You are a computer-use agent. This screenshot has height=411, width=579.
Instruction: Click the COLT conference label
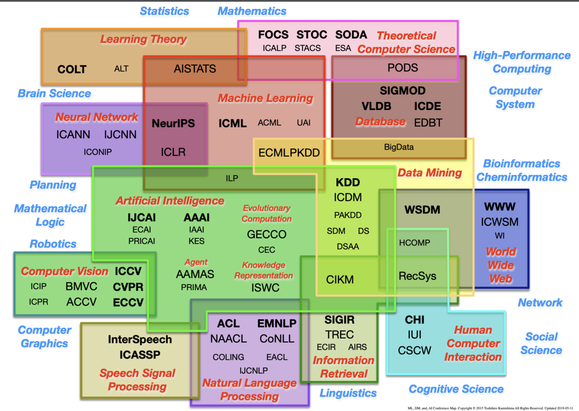(x=71, y=69)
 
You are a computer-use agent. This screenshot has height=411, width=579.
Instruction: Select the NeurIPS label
(x=173, y=123)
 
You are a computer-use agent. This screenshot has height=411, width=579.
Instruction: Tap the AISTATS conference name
(x=194, y=69)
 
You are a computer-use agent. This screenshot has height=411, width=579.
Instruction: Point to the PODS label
(x=402, y=68)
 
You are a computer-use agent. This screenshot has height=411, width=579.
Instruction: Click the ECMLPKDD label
(x=289, y=153)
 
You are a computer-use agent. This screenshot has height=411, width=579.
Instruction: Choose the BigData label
(x=399, y=147)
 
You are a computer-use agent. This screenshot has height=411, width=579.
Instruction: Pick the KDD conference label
(x=348, y=182)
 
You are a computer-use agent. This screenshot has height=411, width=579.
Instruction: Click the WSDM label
(x=422, y=210)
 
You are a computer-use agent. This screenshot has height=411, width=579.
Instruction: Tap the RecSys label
(x=417, y=276)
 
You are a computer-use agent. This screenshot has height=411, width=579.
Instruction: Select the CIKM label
(x=340, y=279)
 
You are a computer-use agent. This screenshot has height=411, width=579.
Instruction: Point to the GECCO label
(x=266, y=234)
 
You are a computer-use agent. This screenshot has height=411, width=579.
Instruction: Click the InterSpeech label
(x=140, y=340)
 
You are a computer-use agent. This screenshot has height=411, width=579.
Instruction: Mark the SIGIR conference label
(x=339, y=320)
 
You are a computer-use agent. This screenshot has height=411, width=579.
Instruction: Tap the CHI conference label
(x=414, y=320)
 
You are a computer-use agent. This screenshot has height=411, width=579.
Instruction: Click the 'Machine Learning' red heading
(x=265, y=98)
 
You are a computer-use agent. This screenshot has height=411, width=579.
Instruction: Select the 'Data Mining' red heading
(x=429, y=173)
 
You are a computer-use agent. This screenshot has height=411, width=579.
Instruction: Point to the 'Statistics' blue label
(x=165, y=11)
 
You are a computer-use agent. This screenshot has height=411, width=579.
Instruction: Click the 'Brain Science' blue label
(x=54, y=93)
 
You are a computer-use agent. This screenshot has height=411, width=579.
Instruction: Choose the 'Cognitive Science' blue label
(x=456, y=389)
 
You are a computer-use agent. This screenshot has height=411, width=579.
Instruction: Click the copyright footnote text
(x=490, y=408)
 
